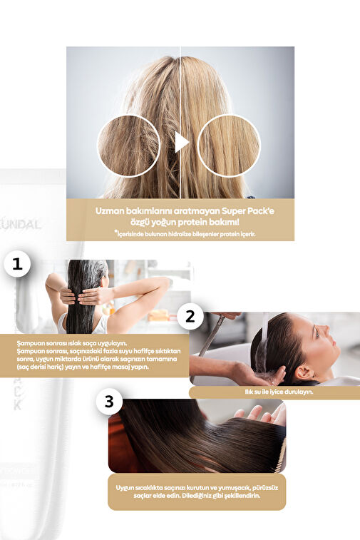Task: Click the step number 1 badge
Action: pos(17,264)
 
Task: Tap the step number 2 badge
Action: pos(190,316)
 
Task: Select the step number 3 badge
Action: pos(109,401)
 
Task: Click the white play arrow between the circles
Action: pos(182,142)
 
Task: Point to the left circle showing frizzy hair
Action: pos(129,146)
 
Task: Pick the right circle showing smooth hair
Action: pos(229,146)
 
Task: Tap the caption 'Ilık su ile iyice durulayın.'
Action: pos(279,392)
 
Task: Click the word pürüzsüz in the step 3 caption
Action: pos(265,488)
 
